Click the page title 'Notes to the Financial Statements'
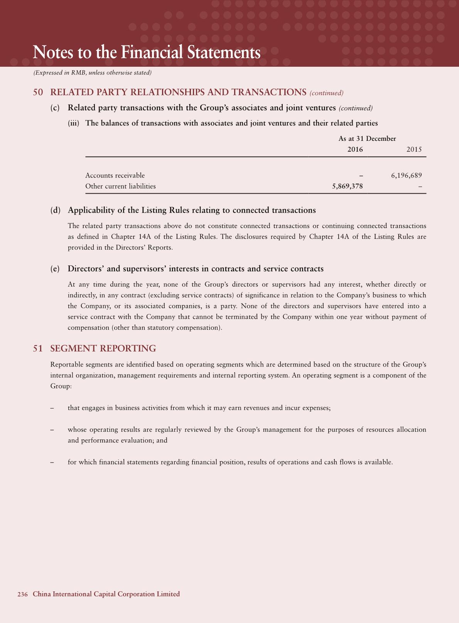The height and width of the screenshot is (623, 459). click(x=147, y=52)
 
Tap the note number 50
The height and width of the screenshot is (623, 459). click(x=38, y=92)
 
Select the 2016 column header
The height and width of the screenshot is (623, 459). click(x=355, y=149)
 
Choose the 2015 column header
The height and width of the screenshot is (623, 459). click(x=414, y=149)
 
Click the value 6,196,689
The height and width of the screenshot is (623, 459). click(x=406, y=176)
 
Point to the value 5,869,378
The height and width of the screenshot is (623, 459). click(x=347, y=186)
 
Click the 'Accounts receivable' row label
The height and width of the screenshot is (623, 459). click(x=115, y=176)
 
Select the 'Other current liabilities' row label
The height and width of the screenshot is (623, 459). click(x=120, y=186)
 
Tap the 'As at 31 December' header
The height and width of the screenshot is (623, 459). click(x=367, y=138)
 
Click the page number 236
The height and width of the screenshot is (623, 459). click(x=22, y=594)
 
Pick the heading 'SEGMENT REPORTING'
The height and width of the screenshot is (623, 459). click(x=103, y=348)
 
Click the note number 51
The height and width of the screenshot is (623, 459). click(x=38, y=348)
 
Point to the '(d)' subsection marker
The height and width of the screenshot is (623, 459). click(x=56, y=210)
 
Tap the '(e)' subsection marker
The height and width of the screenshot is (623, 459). click(x=55, y=268)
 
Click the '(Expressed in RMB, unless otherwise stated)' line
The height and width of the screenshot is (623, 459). click(x=92, y=73)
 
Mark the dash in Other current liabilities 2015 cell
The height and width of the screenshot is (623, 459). click(x=420, y=187)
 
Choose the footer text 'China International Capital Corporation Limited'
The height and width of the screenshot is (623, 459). click(x=106, y=594)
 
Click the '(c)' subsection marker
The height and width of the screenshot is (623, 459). click(x=55, y=108)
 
